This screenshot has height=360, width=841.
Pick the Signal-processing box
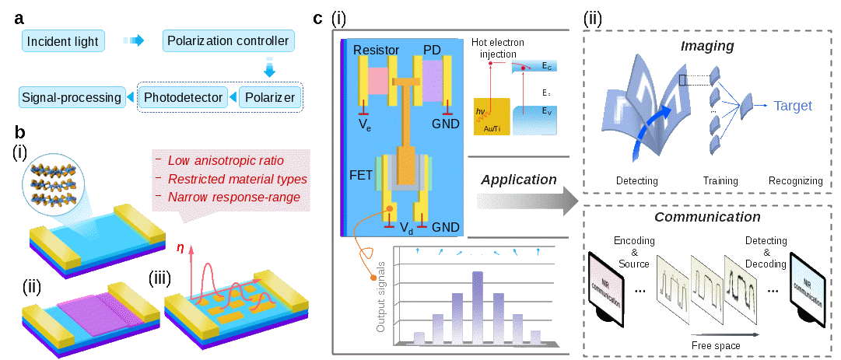pyautogui.click(x=71, y=97)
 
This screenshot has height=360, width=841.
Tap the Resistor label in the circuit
pyautogui.click(x=376, y=50)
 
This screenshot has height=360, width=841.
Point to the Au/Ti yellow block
pyautogui.click(x=491, y=117)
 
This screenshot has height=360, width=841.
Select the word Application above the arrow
pyautogui.click(x=520, y=180)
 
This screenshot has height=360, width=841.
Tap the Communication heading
pyautogui.click(x=707, y=217)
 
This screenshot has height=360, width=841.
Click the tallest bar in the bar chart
pyautogui.click(x=478, y=307)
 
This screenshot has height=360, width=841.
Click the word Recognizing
pyautogui.click(x=794, y=180)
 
